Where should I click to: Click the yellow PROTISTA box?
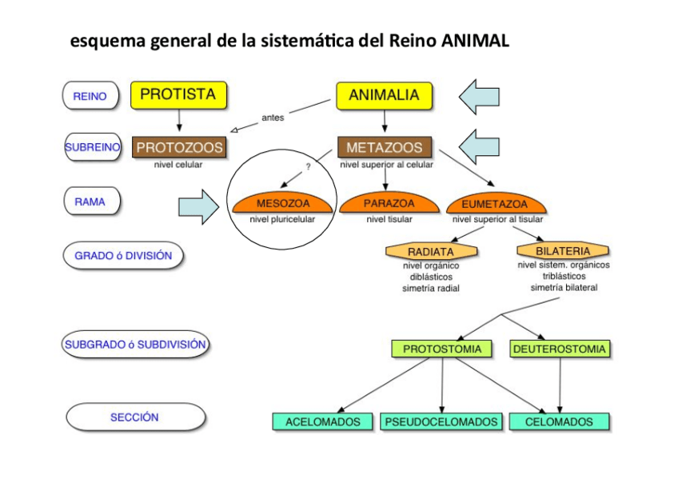pyautogui.click(x=178, y=94)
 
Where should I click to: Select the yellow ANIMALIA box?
pyautogui.click(x=384, y=95)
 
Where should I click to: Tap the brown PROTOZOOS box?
pyautogui.click(x=179, y=148)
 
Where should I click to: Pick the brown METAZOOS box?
pyautogui.click(x=384, y=148)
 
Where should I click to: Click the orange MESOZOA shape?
pyautogui.click(x=283, y=204)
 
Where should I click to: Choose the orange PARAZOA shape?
pyautogui.click(x=389, y=204)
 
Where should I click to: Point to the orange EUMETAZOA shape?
pyautogui.click(x=495, y=204)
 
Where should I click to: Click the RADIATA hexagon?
pyautogui.click(x=431, y=251)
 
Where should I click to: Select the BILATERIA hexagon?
pyautogui.click(x=562, y=250)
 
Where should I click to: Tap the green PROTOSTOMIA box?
pyautogui.click(x=442, y=349)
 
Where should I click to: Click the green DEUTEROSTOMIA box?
pyautogui.click(x=560, y=349)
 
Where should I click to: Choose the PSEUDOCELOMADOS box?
pyautogui.click(x=441, y=421)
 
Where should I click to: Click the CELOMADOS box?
pyautogui.click(x=559, y=421)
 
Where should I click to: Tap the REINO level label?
pyautogui.click(x=90, y=96)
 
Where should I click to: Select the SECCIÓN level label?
pyautogui.click(x=134, y=417)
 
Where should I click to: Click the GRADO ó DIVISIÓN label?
pyautogui.click(x=123, y=256)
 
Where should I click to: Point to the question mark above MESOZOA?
pyautogui.click(x=308, y=167)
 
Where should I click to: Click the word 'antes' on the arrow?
pyautogui.click(x=273, y=118)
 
